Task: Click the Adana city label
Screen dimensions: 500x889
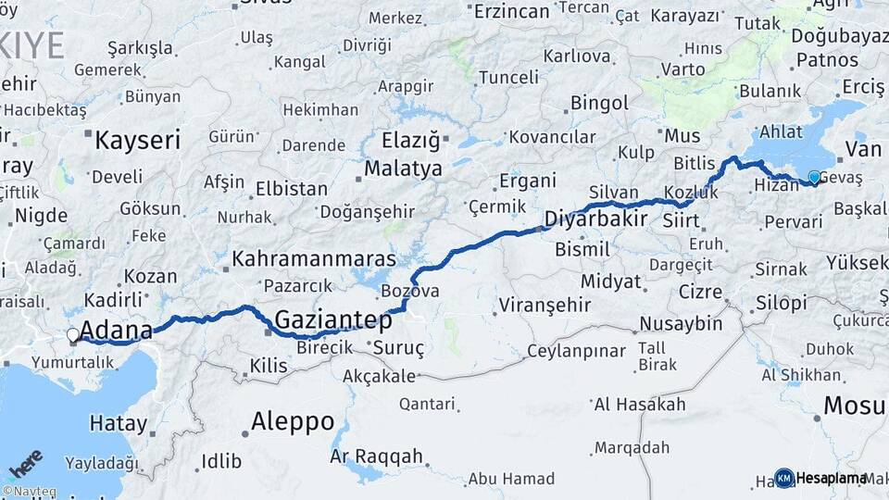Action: pos(117,331)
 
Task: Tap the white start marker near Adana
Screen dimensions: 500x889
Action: pos(72,336)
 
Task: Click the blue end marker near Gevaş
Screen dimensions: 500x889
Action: pos(814,177)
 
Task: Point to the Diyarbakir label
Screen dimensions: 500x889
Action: pos(595,219)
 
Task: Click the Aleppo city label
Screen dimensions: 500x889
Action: pos(293,422)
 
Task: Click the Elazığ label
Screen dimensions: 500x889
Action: pos(412,142)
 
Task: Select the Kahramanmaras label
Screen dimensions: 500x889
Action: pos(314,258)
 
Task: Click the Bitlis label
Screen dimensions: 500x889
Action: pos(695,164)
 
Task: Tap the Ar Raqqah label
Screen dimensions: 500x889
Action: pos(377,456)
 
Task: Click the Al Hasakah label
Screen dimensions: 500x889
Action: pos(640,405)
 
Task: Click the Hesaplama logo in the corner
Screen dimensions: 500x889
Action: pos(822,478)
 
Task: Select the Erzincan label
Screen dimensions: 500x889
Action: pos(512,11)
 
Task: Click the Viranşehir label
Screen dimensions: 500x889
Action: pos(545,305)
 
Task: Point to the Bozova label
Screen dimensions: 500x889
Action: pos(409,291)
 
